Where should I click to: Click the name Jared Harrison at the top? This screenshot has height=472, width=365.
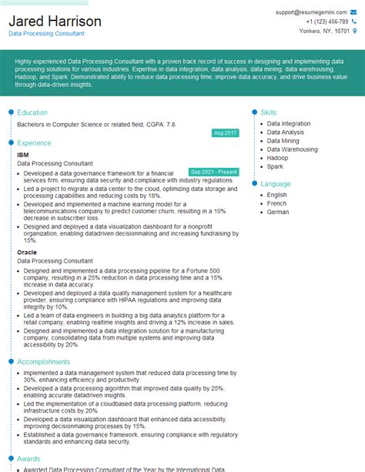[55, 21]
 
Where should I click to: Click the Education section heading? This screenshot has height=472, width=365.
[32, 112]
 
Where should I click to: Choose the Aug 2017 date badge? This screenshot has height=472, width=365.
[225, 133]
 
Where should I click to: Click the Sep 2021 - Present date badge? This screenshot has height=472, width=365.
[214, 172]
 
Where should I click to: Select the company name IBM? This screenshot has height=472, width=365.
[23, 155]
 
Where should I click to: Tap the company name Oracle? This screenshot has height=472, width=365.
[27, 251]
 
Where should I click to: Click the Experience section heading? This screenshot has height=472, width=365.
[35, 143]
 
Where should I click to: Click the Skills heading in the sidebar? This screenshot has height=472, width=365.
[269, 112]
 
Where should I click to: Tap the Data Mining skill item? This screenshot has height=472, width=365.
[283, 142]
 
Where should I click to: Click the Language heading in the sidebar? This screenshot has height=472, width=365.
[276, 184]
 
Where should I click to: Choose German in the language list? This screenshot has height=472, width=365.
[279, 211]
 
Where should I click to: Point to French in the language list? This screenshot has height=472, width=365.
[277, 203]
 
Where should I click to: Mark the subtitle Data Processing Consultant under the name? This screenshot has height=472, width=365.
[47, 35]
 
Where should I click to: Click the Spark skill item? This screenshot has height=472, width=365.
[276, 166]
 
